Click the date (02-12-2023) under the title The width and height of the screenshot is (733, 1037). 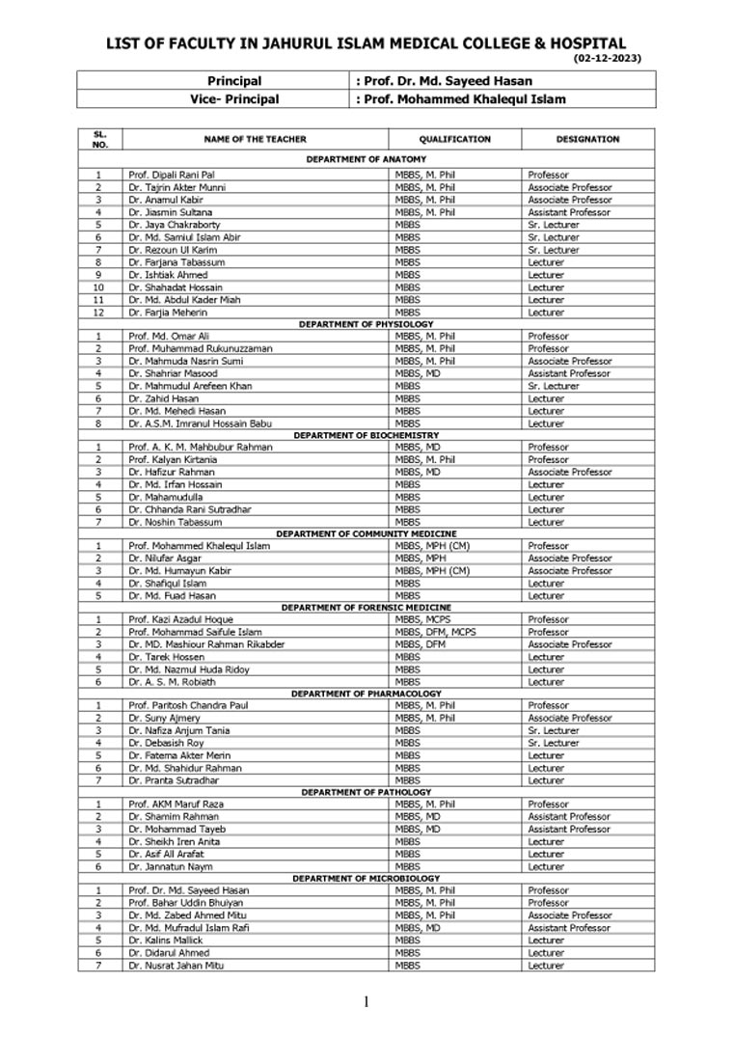point(608,59)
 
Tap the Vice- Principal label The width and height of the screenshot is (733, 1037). point(234,98)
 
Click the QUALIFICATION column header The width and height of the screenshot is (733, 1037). point(454,139)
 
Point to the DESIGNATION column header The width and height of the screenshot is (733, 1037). point(587,139)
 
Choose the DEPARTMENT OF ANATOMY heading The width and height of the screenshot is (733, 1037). point(366,159)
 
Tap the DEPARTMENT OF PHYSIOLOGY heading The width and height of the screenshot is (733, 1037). point(366,324)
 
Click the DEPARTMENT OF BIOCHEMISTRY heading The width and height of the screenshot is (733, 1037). point(366,435)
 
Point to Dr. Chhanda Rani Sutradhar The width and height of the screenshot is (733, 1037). point(188,509)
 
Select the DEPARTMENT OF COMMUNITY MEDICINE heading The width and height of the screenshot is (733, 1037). point(366,533)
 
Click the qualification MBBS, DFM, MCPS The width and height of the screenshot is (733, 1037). point(435,632)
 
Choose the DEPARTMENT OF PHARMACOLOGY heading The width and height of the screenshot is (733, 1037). point(366,694)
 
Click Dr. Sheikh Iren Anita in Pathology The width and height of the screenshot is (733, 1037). point(173,841)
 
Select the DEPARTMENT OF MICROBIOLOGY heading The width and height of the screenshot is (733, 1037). point(366,879)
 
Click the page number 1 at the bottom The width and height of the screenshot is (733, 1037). point(366,1001)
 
